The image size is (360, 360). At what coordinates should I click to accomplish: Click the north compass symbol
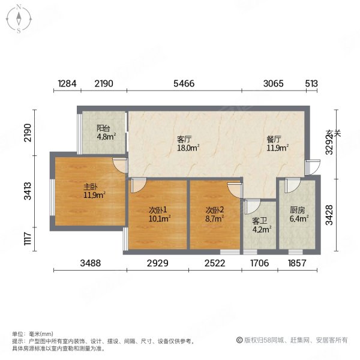coord(19,19)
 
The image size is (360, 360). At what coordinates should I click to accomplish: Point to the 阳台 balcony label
coord(103,128)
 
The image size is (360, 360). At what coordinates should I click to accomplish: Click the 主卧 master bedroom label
coord(91,186)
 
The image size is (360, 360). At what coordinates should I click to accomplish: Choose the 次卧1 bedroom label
coord(157,210)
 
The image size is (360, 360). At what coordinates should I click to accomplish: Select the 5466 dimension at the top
coord(184,84)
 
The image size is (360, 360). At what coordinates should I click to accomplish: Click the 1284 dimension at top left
coord(67,84)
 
